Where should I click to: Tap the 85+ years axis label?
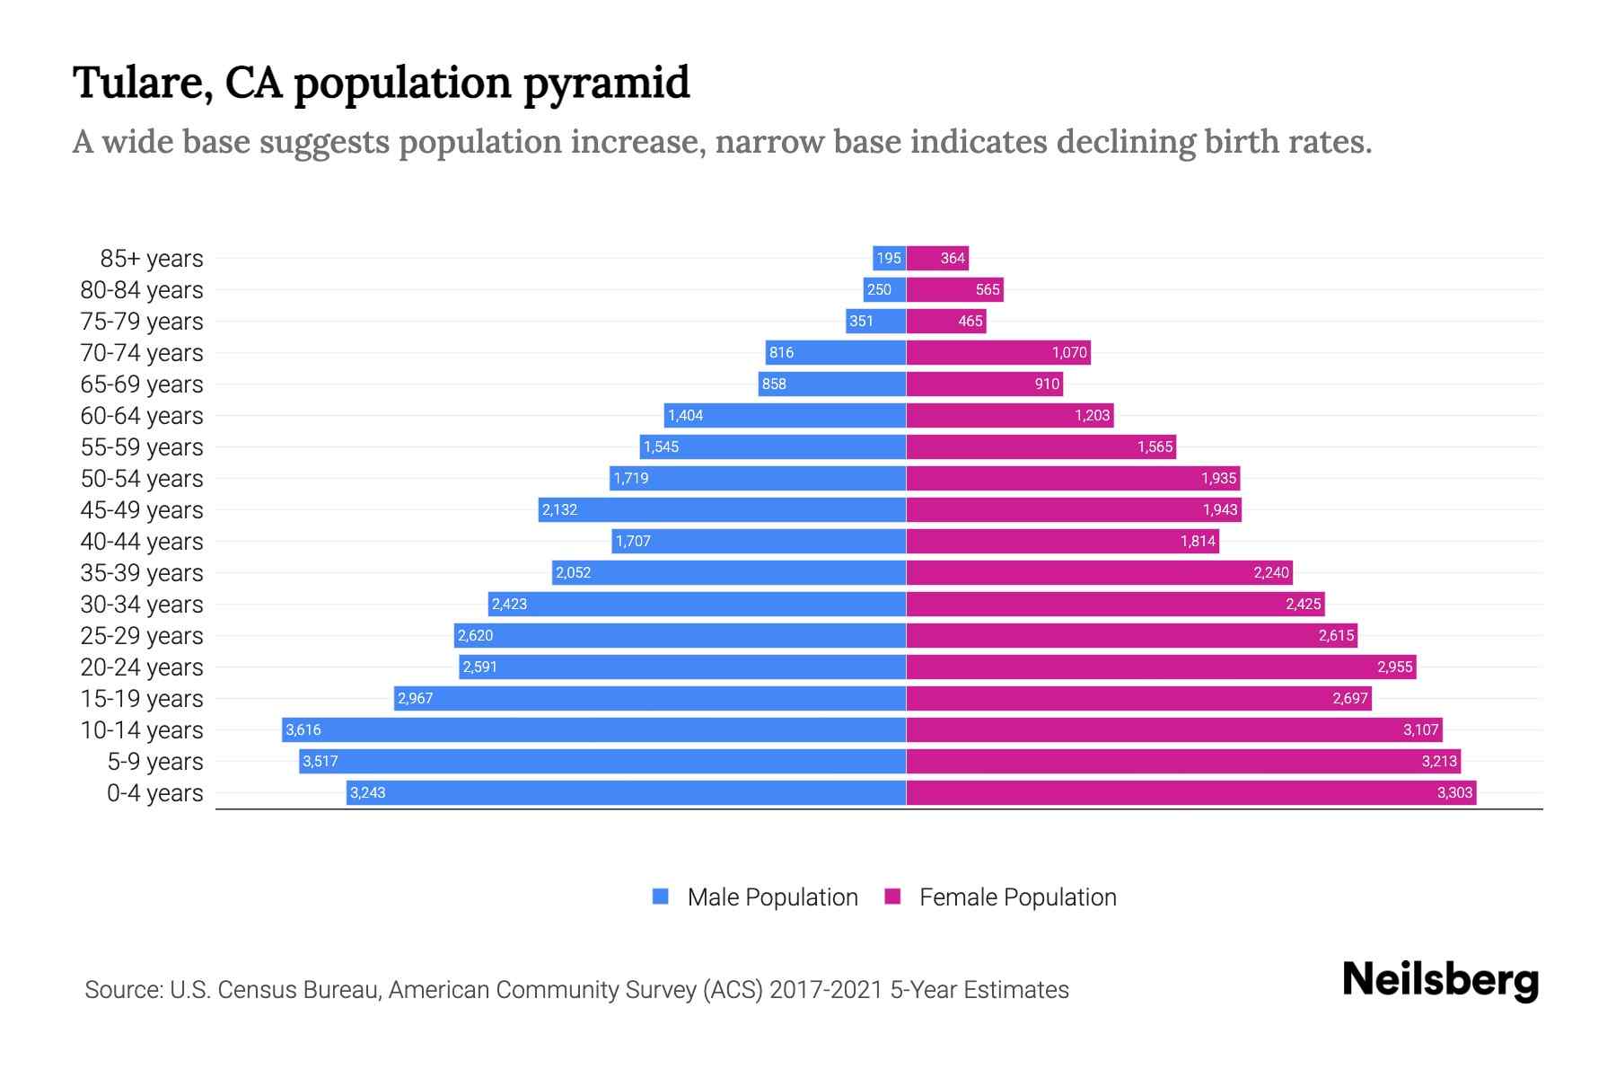pos(151,259)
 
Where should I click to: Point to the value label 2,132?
pos(559,509)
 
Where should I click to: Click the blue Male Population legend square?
pos(661,897)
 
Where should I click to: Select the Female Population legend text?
pos(1017,897)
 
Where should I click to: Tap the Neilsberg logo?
pos(1440,980)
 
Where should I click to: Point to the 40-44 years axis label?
pos(142,542)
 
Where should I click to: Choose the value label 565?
pos(988,289)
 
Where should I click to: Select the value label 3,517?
pos(321,761)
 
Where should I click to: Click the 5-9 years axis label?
pos(155,762)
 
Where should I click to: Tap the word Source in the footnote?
pos(122,990)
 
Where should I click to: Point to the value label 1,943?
pos(1220,509)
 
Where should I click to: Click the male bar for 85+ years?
pos(889,258)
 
